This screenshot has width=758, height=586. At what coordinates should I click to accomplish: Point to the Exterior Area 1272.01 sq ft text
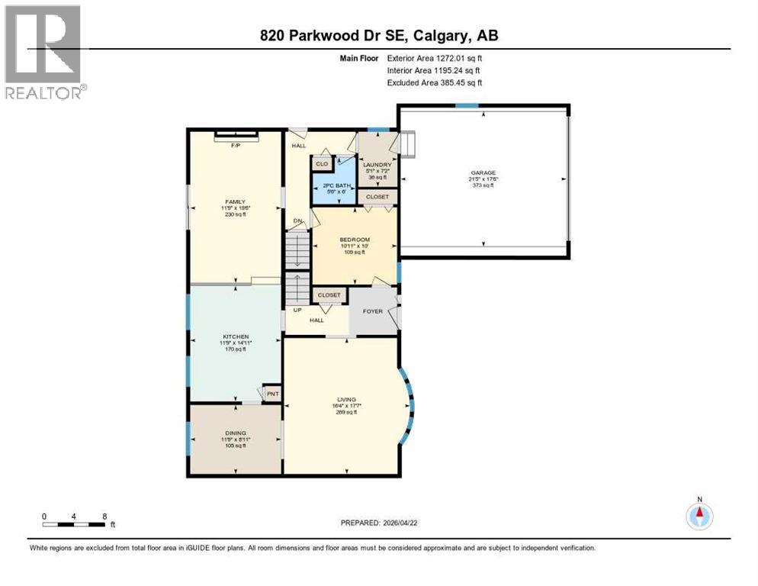click(x=435, y=56)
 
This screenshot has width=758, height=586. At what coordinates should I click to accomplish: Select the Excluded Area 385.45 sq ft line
click(x=435, y=82)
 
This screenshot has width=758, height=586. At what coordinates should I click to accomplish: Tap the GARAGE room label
click(x=482, y=175)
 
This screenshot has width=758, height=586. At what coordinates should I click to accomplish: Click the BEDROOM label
click(x=355, y=240)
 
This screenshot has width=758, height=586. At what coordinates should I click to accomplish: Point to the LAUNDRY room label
click(x=377, y=165)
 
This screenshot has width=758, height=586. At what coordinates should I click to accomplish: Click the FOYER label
click(x=372, y=311)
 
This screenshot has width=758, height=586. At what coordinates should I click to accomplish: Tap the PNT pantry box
click(x=272, y=394)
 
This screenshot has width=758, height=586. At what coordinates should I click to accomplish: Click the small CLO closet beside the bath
click(x=322, y=163)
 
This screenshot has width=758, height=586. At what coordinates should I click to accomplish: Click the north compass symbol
click(x=699, y=516)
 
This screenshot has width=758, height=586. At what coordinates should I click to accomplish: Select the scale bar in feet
click(x=75, y=524)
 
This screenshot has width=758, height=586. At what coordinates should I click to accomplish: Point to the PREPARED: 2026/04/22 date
click(x=378, y=523)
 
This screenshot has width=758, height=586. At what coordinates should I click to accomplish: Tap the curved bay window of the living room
click(x=410, y=404)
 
